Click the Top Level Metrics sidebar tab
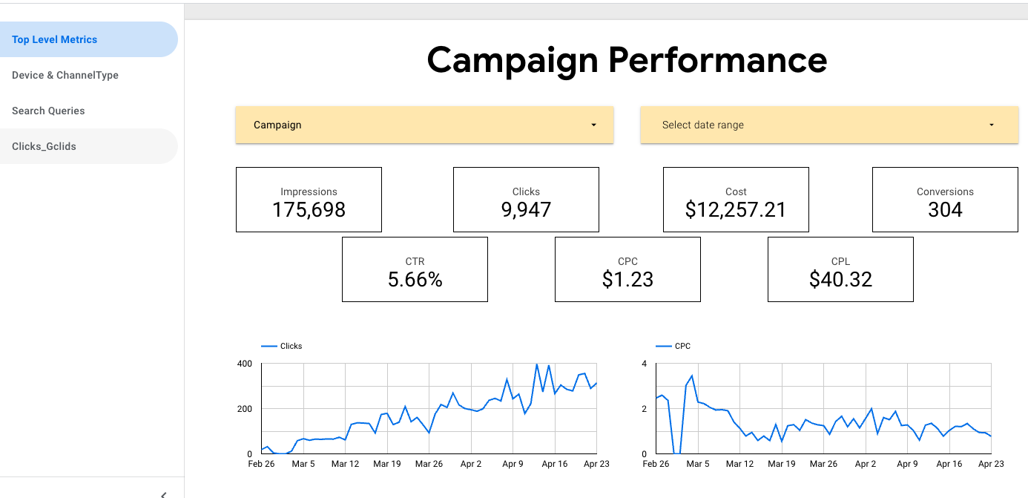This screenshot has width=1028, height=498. click(x=55, y=39)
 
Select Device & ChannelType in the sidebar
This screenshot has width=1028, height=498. click(x=65, y=75)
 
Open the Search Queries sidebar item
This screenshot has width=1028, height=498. click(x=48, y=111)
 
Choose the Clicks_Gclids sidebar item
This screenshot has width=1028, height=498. click(x=44, y=146)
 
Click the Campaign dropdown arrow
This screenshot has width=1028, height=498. click(x=593, y=125)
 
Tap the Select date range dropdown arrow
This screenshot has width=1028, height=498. click(x=991, y=125)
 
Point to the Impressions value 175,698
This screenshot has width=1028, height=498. click(x=309, y=210)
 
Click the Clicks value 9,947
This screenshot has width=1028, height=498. click(x=526, y=210)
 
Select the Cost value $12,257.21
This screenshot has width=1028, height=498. click(x=736, y=210)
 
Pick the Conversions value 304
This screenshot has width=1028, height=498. click(x=945, y=210)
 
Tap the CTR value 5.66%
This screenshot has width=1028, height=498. click(x=415, y=280)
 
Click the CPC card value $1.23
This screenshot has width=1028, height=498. click(x=627, y=280)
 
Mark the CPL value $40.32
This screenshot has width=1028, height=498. click(x=840, y=280)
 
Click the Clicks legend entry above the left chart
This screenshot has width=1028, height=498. click(x=291, y=346)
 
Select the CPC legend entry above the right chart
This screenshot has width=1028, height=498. click(x=682, y=346)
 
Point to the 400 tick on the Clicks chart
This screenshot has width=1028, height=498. click(x=245, y=364)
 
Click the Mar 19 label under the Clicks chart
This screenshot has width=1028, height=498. click(x=386, y=464)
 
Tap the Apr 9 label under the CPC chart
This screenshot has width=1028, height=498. click(x=907, y=464)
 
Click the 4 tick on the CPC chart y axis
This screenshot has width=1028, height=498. click(x=645, y=364)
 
